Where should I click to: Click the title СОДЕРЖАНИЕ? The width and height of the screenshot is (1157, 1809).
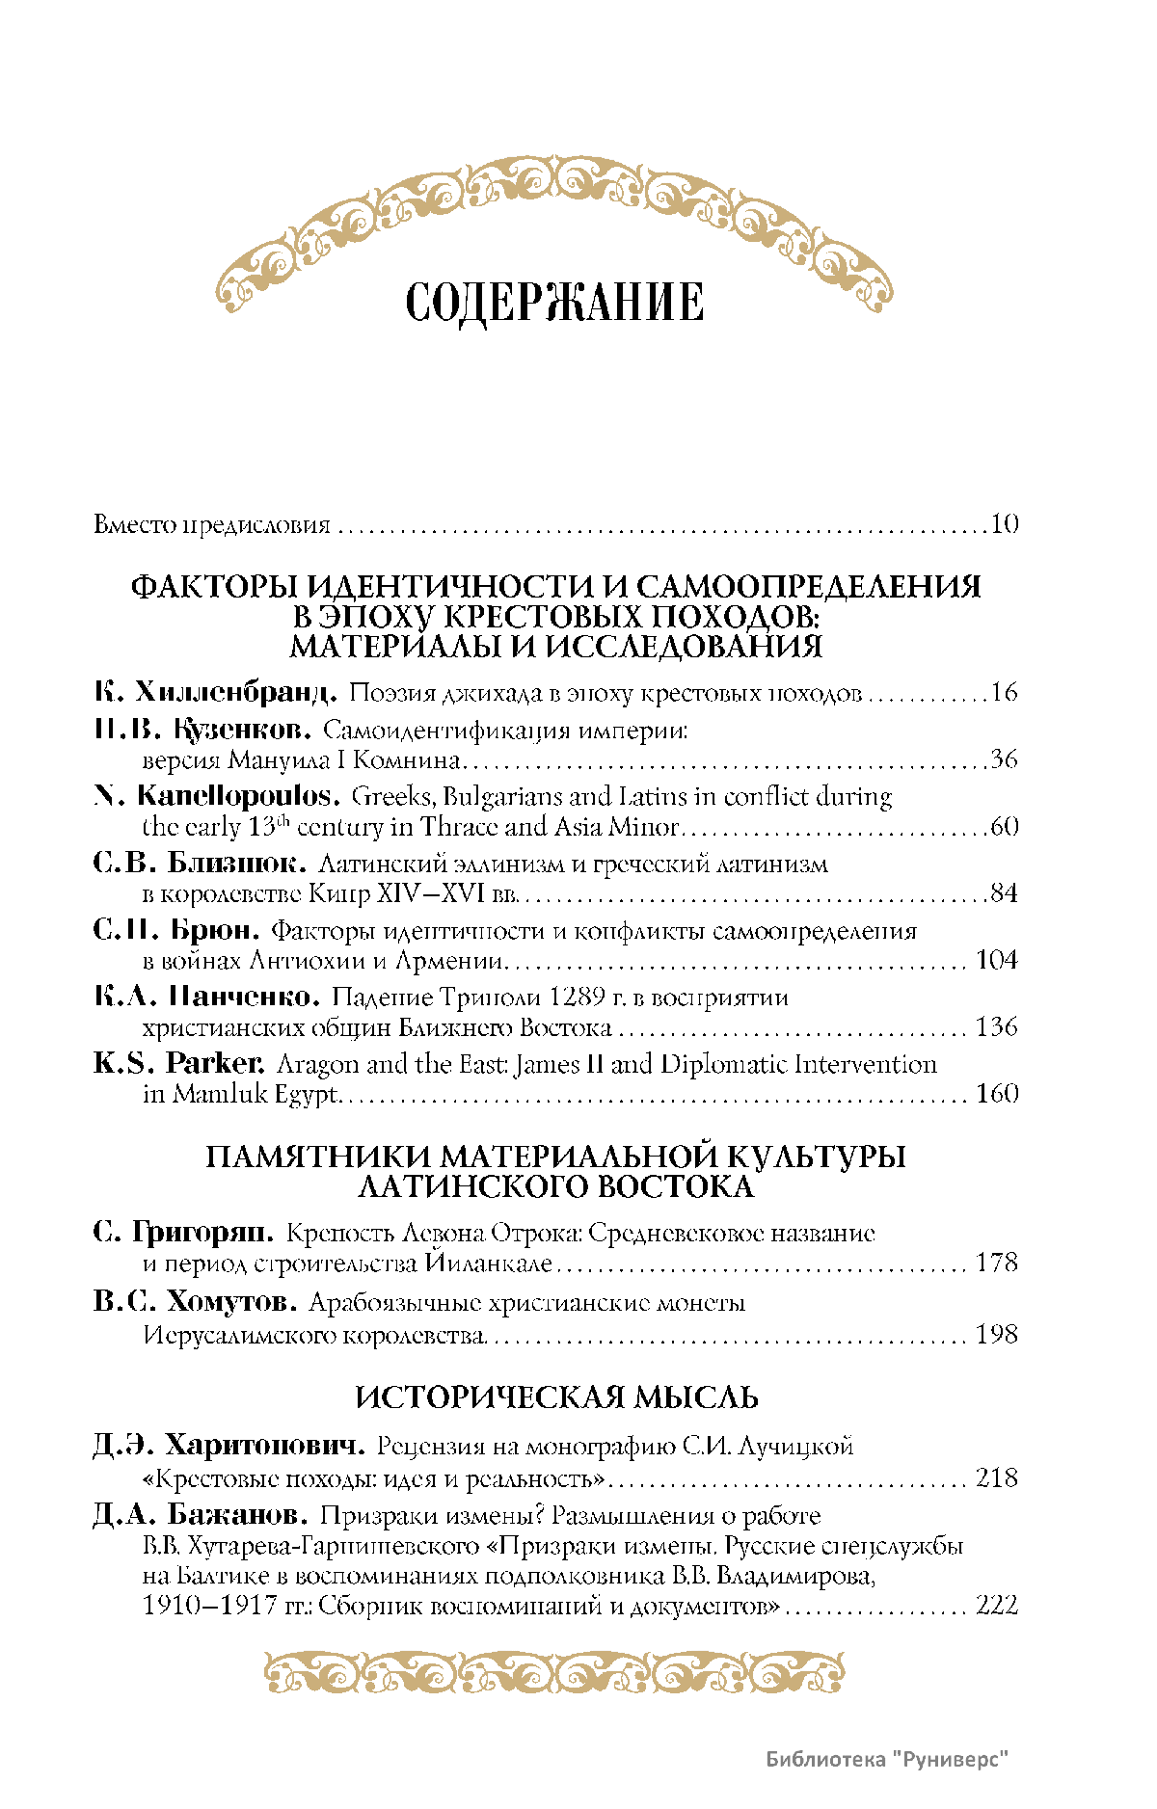coord(554,303)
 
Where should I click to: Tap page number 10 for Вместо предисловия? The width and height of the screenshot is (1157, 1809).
coord(1004,525)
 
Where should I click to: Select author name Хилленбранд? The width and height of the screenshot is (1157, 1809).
coord(235,692)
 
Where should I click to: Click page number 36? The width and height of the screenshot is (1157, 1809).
coord(1004,759)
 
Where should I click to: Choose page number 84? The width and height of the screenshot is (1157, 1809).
coord(1004,893)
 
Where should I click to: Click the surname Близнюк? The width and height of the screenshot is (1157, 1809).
coord(237,863)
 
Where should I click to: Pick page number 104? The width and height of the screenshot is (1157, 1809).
coord(997,960)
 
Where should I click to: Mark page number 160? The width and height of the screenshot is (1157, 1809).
coord(997,1094)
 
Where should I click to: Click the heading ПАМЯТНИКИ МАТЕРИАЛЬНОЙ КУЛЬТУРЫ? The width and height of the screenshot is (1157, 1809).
coord(555,1157)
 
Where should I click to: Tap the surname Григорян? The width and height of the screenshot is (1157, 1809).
coord(202,1233)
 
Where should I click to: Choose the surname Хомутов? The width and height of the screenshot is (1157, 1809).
coord(231,1302)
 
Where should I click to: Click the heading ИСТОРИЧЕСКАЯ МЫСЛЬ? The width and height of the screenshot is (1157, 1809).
coord(556,1397)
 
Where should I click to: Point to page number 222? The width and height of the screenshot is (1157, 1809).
coord(997,1606)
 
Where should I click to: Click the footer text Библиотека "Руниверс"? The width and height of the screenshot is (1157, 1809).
coord(887,1760)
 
